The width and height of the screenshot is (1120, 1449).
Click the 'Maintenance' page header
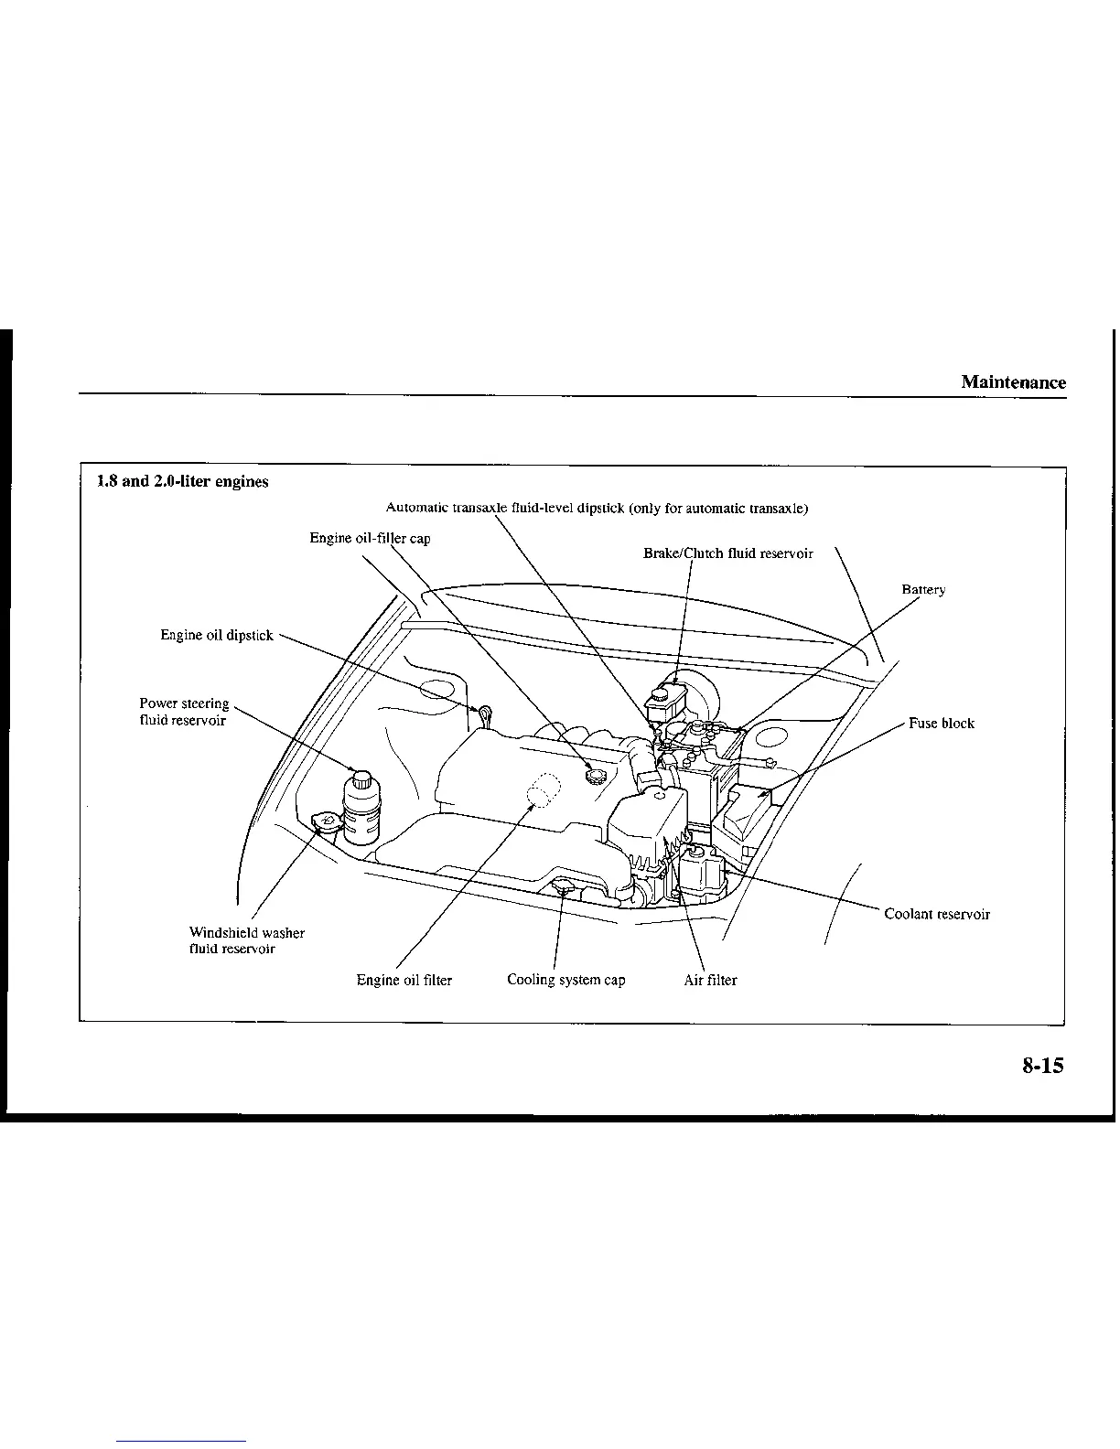tap(1013, 382)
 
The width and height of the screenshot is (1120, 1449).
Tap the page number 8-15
tap(1043, 1065)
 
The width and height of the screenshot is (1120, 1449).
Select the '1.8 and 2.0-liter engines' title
tap(183, 481)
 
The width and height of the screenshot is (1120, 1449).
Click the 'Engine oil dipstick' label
tap(217, 635)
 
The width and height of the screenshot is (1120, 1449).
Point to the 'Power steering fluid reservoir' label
tap(183, 712)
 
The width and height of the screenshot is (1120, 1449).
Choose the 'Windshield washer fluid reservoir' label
tap(246, 940)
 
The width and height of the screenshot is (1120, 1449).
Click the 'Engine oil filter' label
tap(404, 980)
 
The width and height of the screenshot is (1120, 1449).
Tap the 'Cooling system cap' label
tap(566, 980)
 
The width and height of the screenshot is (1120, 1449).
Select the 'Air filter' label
tap(710, 980)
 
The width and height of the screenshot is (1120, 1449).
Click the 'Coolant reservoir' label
tap(937, 914)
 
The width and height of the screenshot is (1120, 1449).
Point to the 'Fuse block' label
tap(942, 724)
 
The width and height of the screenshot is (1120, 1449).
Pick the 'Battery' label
tap(923, 590)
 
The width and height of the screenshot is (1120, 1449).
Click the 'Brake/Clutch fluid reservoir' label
tap(728, 553)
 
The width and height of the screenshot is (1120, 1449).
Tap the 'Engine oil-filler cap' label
tap(370, 538)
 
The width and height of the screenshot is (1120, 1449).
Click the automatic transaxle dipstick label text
tap(597, 508)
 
